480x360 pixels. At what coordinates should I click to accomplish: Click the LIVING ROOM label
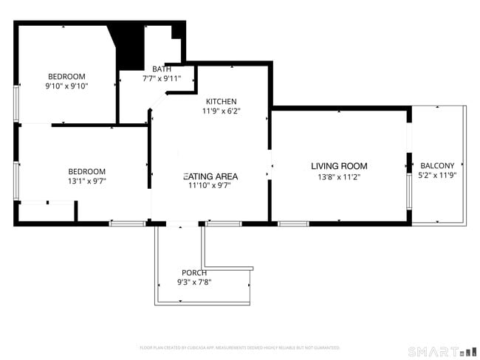pos(339,166)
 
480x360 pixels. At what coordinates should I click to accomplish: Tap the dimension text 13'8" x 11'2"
pos(339,177)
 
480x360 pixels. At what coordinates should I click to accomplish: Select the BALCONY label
pos(437,165)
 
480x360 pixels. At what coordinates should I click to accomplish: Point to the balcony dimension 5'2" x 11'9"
pos(437,176)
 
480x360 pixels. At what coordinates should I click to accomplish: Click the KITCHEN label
pos(221,101)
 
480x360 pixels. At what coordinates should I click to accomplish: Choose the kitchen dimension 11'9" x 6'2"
pos(221,111)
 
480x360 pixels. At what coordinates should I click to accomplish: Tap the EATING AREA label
pos(211,176)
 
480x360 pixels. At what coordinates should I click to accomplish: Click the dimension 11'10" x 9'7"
pos(211,187)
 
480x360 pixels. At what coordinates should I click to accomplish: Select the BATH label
pos(162,69)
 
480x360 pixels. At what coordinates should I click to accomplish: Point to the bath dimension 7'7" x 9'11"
pos(162,78)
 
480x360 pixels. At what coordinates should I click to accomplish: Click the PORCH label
pos(194,272)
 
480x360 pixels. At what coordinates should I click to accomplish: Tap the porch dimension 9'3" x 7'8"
pos(194,282)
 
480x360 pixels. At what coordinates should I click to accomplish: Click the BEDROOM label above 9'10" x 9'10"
pos(66,76)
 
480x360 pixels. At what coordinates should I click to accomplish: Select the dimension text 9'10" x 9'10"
pos(66,86)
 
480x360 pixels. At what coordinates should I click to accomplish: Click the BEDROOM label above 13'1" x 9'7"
pos(87,171)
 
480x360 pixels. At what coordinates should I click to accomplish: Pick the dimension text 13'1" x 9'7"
pos(87,181)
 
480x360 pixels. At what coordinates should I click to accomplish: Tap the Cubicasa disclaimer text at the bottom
pos(239,347)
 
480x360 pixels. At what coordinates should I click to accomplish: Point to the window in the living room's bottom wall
pos(293,223)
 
